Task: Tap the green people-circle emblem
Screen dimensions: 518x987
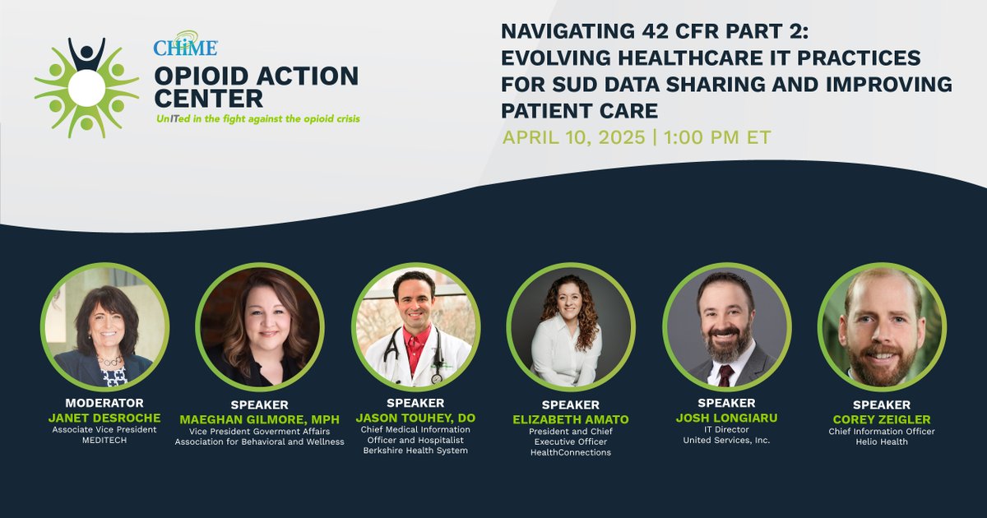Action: coord(86,87)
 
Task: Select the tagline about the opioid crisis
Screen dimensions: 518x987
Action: coord(257,118)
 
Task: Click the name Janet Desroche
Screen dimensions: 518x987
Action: coord(104,417)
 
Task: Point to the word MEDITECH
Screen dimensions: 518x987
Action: coord(104,441)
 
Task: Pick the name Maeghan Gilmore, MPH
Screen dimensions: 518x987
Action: coord(259,419)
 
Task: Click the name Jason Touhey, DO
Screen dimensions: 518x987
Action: coord(415,417)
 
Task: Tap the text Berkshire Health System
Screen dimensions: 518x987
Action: coord(415,451)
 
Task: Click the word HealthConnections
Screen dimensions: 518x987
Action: coord(570,452)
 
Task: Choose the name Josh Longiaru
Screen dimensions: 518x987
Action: coord(725,418)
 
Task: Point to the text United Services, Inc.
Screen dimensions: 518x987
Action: coord(725,441)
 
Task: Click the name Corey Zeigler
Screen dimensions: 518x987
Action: coord(881,419)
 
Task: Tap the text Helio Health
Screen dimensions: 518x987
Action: coord(881,442)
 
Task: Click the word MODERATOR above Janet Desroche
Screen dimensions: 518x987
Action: coord(104,403)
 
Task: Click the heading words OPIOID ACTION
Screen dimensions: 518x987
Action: coord(256,76)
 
